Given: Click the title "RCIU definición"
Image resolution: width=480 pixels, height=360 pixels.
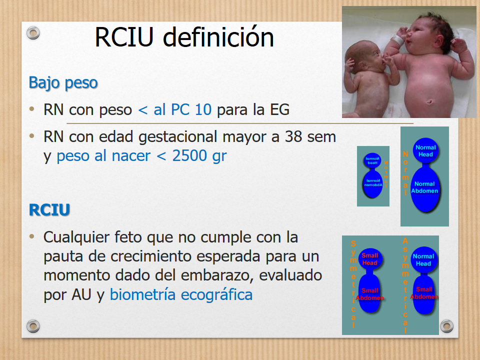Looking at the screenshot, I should [x=184, y=37].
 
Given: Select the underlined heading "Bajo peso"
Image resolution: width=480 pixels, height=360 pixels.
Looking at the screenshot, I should [x=63, y=82].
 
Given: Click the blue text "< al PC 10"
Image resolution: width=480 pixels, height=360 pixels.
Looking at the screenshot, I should [x=174, y=109].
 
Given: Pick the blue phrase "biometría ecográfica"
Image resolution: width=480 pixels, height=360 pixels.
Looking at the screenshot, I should [x=181, y=294].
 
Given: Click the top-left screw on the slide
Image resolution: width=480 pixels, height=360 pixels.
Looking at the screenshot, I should [x=33, y=33].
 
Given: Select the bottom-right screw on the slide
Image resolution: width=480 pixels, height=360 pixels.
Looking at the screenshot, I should [x=446, y=326].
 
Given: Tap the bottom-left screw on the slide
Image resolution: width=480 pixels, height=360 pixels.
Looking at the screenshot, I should [x=33, y=326].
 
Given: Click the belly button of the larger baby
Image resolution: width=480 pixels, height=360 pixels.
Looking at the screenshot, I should [x=429, y=103].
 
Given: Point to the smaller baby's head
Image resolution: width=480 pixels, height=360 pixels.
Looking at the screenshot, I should [x=359, y=55].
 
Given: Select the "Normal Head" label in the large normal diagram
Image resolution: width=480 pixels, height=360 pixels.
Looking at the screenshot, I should [x=425, y=151].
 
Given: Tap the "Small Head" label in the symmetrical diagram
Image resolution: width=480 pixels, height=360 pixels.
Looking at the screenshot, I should [x=369, y=259].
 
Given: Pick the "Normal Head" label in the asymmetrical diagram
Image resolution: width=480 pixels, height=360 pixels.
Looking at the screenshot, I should [x=423, y=260].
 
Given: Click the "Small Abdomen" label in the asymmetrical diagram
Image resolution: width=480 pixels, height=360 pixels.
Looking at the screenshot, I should [x=424, y=293].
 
